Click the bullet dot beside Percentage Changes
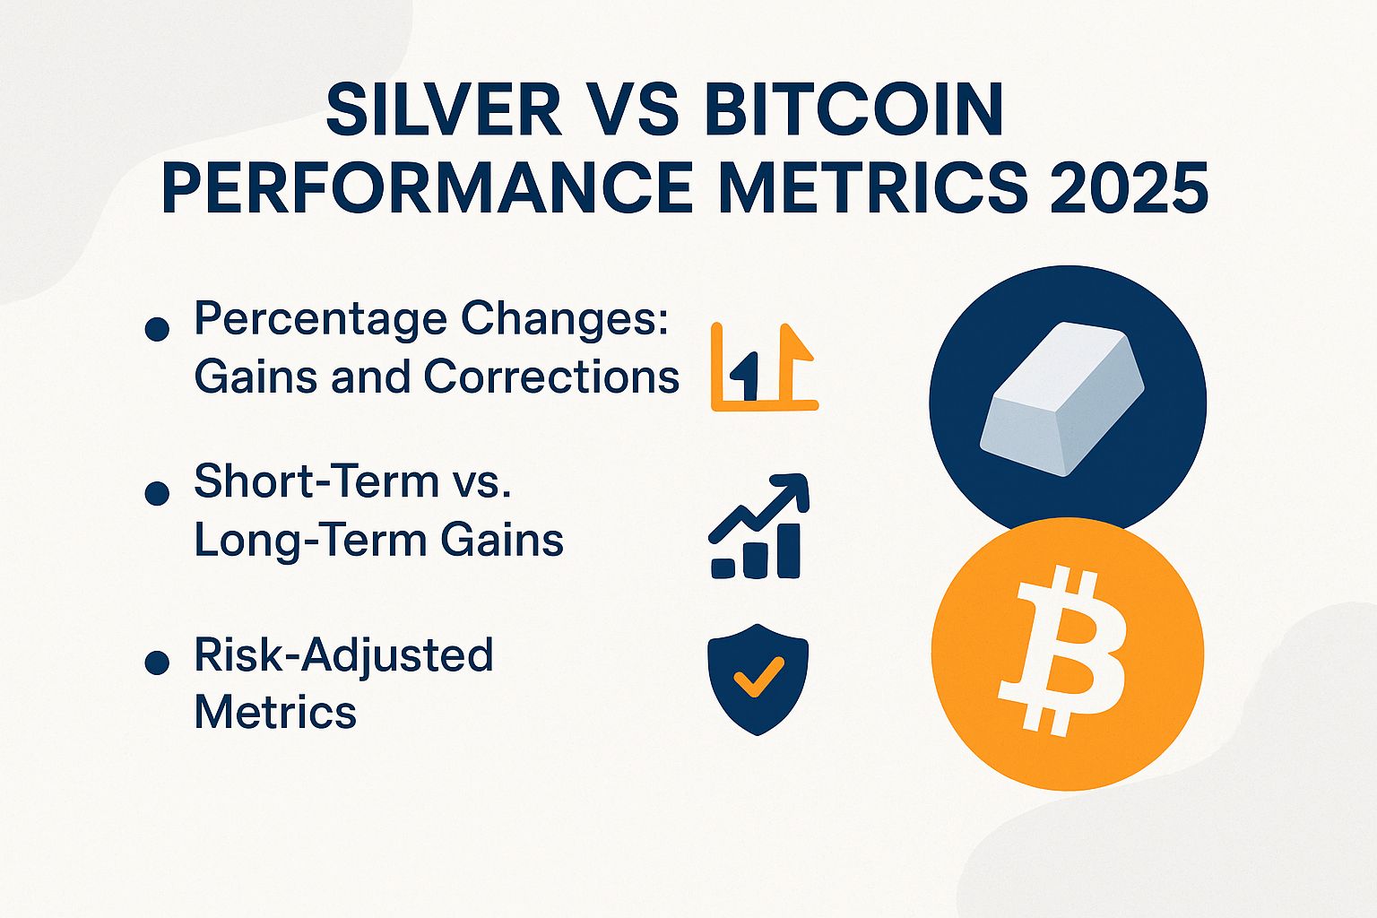tap(157, 329)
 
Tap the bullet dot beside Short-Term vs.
tap(157, 493)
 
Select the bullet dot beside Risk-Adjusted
tap(157, 663)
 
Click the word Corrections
tap(551, 377)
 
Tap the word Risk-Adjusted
tap(343, 655)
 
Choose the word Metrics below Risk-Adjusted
tap(275, 713)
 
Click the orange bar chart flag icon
tap(764, 368)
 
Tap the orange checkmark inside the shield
tap(758, 677)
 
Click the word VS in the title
tap(640, 111)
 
